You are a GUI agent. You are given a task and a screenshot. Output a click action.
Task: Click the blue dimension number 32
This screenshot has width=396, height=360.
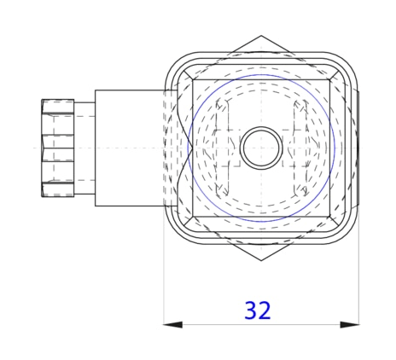[x=258, y=311]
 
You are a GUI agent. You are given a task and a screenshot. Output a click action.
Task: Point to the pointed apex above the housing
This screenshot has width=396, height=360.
[x=259, y=39]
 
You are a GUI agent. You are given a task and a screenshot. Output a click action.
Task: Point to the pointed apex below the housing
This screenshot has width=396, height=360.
[x=259, y=258]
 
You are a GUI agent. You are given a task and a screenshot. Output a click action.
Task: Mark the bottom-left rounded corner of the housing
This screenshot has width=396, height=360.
[x=178, y=230]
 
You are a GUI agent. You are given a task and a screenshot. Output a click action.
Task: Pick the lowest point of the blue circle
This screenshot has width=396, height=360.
[x=259, y=222]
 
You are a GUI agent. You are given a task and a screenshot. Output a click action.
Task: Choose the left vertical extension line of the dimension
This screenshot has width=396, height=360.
[x=163, y=282]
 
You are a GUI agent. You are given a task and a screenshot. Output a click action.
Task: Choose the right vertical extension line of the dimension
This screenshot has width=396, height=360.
[x=358, y=282]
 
